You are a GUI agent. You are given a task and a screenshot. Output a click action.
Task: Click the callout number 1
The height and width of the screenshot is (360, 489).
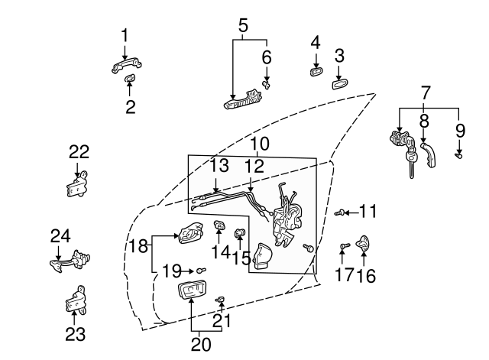click(125, 34)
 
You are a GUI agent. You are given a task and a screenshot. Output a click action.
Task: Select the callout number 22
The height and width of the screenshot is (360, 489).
click(79, 151)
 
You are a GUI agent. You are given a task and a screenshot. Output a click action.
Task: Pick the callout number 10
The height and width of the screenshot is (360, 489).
click(260, 143)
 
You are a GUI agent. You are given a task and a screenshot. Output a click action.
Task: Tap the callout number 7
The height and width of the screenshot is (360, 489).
click(426, 94)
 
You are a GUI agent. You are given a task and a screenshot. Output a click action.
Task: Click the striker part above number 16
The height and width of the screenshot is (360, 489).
click(364, 242)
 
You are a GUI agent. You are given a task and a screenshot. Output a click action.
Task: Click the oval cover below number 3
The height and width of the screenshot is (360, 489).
click(340, 83)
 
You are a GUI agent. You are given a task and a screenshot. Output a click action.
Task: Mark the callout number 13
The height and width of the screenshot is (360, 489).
click(219, 165)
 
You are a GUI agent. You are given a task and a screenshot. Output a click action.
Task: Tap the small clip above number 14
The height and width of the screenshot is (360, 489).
click(219, 225)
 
